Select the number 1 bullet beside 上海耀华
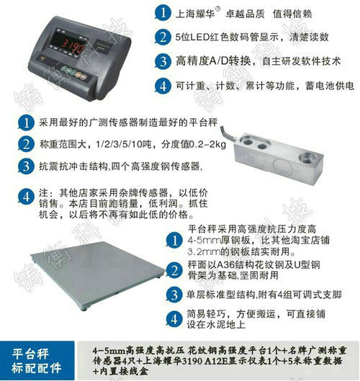pos(162,12)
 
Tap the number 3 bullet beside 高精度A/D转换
pos(162,62)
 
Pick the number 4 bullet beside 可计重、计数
pos(162,87)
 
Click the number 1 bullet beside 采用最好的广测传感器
pos(27,124)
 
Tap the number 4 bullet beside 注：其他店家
pos(27,195)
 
